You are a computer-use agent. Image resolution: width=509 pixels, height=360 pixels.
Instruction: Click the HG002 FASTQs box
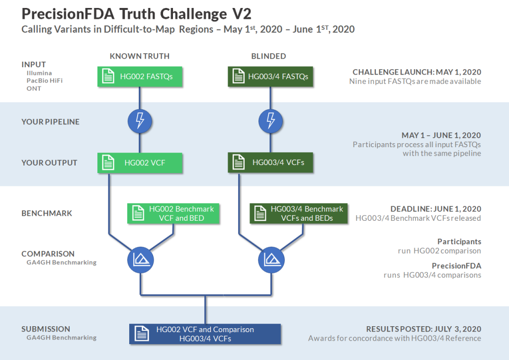tap(140, 77)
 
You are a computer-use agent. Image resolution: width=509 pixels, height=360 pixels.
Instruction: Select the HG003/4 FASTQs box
tap(270, 77)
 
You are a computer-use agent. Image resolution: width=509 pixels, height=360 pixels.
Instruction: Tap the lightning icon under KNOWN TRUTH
tap(140, 121)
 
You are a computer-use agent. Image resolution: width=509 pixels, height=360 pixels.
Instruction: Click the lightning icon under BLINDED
tap(270, 121)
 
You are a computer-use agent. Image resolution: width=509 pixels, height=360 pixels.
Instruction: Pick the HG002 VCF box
tap(140, 163)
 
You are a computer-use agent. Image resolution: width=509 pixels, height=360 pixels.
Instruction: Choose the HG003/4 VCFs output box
tap(270, 163)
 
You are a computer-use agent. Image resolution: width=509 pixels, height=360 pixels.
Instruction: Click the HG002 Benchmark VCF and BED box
tap(174, 213)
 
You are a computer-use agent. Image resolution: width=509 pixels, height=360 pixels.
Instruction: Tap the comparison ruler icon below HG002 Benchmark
tap(140, 259)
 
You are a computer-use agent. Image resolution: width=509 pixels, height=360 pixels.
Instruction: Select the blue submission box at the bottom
tap(205, 334)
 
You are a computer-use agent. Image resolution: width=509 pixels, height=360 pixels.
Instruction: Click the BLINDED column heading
tap(268, 56)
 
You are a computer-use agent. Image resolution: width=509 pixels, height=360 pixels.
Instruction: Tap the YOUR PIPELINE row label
tap(50, 122)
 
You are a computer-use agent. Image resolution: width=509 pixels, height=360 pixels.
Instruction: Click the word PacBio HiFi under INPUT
tap(45, 81)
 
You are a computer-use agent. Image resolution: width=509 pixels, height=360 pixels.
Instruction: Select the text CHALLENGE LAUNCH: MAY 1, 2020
tap(417, 72)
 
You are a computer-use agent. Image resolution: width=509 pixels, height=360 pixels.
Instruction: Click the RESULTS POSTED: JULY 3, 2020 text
tap(424, 329)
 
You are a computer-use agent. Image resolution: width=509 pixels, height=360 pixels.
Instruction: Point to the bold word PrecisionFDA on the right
tap(456, 266)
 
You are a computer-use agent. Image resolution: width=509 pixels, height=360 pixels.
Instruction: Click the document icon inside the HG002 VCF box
tap(107, 163)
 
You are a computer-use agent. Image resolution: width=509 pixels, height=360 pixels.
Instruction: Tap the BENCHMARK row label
tap(47, 213)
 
